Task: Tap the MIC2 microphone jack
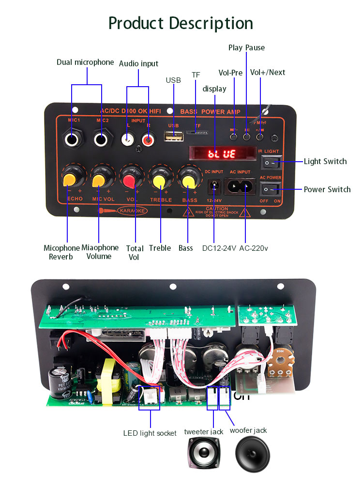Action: coord(102,140)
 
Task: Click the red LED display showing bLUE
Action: coord(221,154)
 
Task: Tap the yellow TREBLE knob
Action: coord(158,181)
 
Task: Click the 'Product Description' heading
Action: coord(181,23)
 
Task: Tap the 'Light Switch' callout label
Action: coord(325,161)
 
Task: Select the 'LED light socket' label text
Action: coord(150,433)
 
